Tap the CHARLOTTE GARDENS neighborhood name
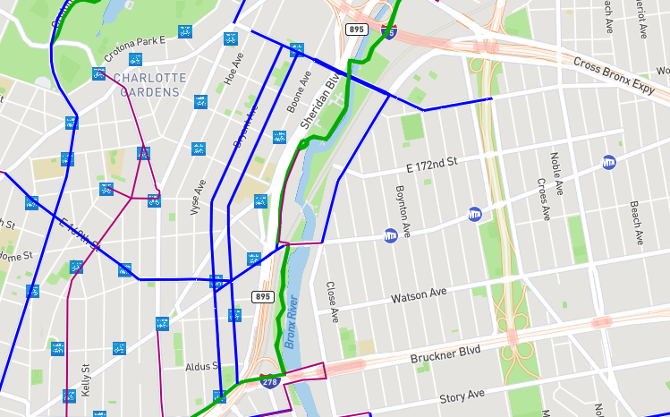pyautogui.click(x=149, y=85)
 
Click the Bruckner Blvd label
pyautogui.click(x=445, y=353)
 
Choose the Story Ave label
pyautogui.click(x=462, y=395)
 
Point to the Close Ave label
pyautogui.click(x=331, y=302)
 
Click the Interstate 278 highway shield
pyautogui.click(x=269, y=381)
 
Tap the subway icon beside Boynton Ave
pyautogui.click(x=390, y=236)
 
